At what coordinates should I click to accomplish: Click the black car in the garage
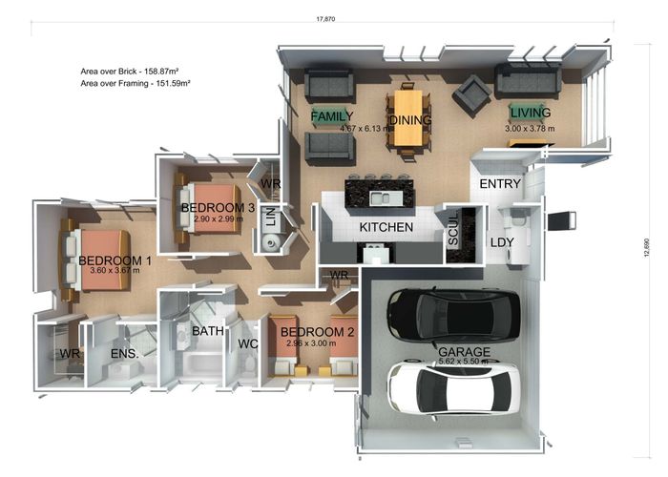pyautogui.click(x=453, y=316)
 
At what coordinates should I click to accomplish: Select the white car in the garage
pyautogui.click(x=453, y=389)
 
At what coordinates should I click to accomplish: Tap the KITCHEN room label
pyautogui.click(x=386, y=227)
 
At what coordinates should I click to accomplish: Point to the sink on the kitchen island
pyautogui.click(x=380, y=198)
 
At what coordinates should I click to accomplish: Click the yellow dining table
pyautogui.click(x=408, y=117)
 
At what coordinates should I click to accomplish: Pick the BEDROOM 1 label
pyautogui.click(x=115, y=260)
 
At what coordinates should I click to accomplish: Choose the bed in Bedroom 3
pyautogui.click(x=209, y=209)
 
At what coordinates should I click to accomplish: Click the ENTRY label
pyautogui.click(x=500, y=184)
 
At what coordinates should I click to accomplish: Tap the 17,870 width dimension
pyautogui.click(x=325, y=19)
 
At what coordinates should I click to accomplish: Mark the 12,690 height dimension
pyautogui.click(x=647, y=247)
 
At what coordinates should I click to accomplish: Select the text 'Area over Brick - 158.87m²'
pyautogui.click(x=130, y=72)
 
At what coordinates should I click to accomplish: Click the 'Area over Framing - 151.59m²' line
pyautogui.click(x=136, y=84)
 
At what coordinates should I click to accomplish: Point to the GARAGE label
pyautogui.click(x=464, y=352)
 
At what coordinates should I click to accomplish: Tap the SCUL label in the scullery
pyautogui.click(x=453, y=230)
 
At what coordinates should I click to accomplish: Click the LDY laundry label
pyautogui.click(x=502, y=242)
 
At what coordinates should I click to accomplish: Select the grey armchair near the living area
pyautogui.click(x=471, y=95)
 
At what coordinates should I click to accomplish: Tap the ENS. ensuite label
pyautogui.click(x=124, y=354)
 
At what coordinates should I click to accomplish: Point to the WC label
pyautogui.click(x=248, y=343)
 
